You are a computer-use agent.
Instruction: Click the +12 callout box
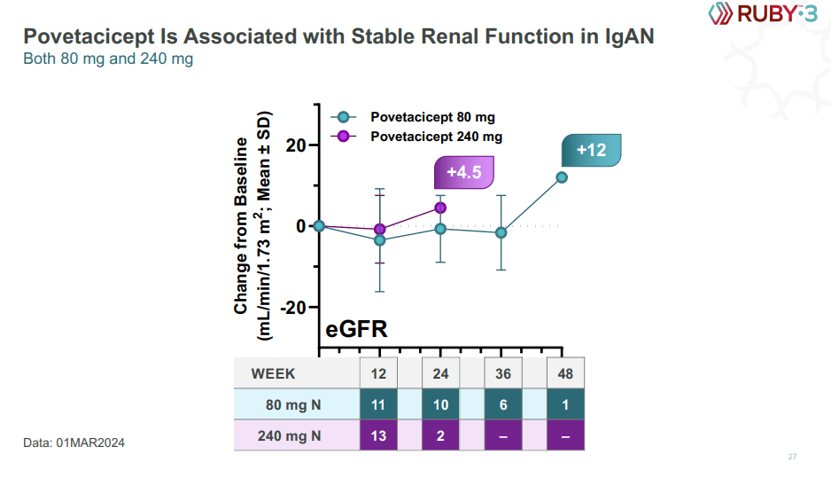pyautogui.click(x=591, y=150)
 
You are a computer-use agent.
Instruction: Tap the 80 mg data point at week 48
pyautogui.click(x=562, y=177)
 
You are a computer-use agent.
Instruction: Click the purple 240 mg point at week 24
pyautogui.click(x=440, y=208)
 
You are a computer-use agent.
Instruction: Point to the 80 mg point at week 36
pyautogui.click(x=501, y=232)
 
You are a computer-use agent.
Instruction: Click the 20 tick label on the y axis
pyautogui.click(x=295, y=145)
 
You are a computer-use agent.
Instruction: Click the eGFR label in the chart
pyautogui.click(x=357, y=331)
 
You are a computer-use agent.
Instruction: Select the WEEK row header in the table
pyautogui.click(x=273, y=373)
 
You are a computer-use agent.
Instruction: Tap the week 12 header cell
pyautogui.click(x=378, y=373)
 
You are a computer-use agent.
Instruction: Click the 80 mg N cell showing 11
pyautogui.click(x=378, y=404)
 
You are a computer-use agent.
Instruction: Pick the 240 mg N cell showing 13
pyautogui.click(x=378, y=435)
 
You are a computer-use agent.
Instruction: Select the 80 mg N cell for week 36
pyautogui.click(x=502, y=404)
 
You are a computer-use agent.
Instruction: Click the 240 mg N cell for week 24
pyautogui.click(x=440, y=435)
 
